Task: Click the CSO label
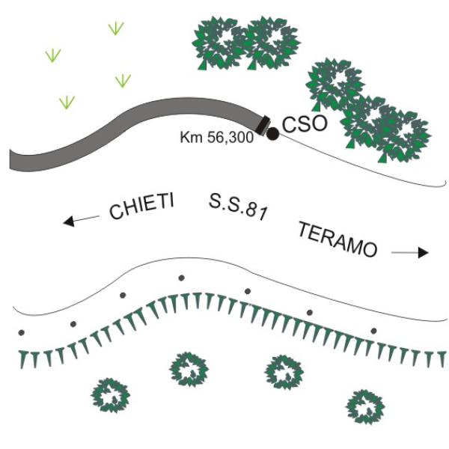[305, 124]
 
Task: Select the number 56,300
[230, 138]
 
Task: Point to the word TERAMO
[338, 239]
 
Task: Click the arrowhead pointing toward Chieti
[69, 222]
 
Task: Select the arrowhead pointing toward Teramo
[424, 253]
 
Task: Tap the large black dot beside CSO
[272, 134]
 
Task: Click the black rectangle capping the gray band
[263, 125]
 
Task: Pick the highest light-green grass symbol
[116, 28]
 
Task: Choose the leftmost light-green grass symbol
[53, 55]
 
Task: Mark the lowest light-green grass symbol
[67, 103]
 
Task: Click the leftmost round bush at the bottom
[111, 395]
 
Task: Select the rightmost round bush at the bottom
[365, 407]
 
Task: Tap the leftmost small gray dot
[21, 333]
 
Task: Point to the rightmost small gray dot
[373, 331]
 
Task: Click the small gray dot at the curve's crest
[181, 278]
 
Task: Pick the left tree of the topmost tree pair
[219, 43]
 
